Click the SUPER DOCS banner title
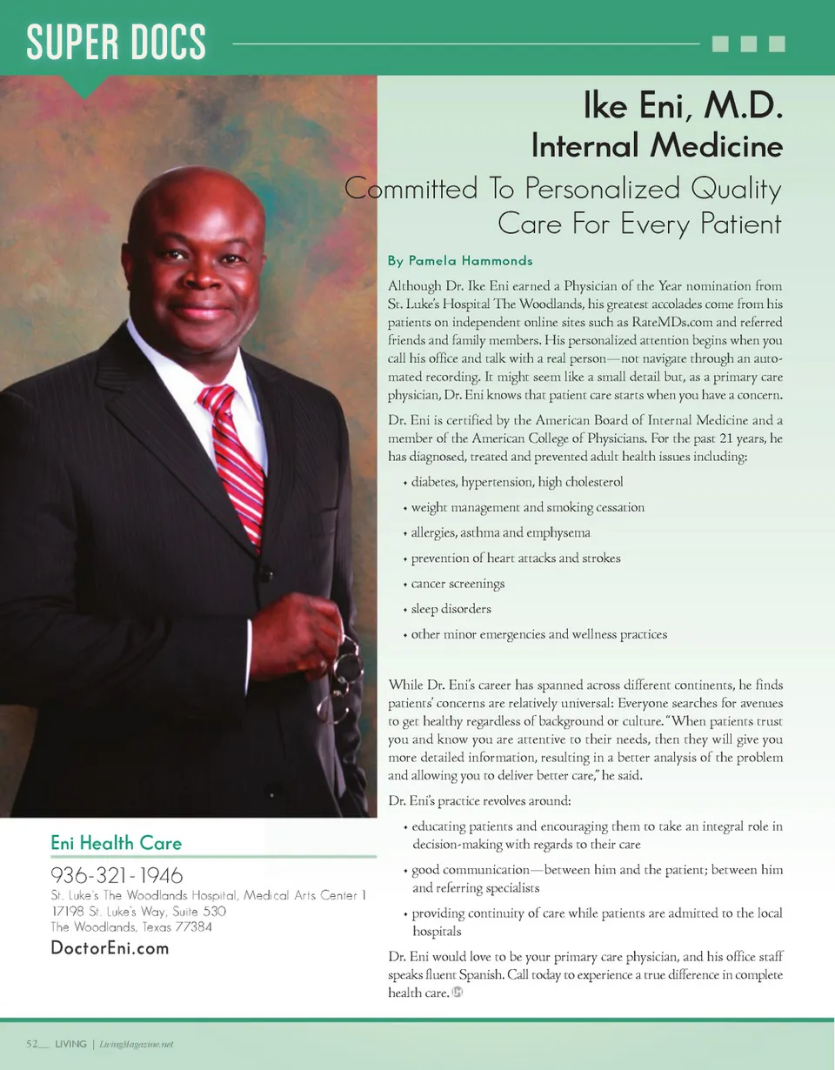[x=116, y=43]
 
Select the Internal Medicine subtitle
[x=657, y=145]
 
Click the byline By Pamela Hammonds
[x=460, y=260]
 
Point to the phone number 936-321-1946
[x=117, y=874]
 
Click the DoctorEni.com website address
[x=110, y=947]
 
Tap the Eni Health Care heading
[x=117, y=842]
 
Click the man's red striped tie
[x=233, y=460]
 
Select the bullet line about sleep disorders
[x=451, y=609]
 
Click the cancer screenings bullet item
[x=458, y=584]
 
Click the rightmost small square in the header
[x=778, y=43]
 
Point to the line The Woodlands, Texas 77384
[x=131, y=926]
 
